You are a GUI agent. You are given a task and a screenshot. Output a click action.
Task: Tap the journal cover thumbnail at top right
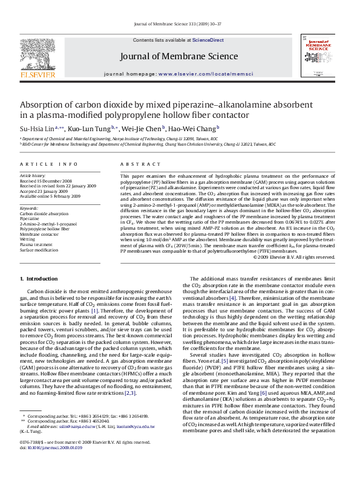click(317, 56)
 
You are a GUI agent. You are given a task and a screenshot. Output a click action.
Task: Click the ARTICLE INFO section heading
click(48, 164)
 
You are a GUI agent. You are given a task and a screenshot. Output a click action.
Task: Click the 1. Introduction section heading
click(39, 279)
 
